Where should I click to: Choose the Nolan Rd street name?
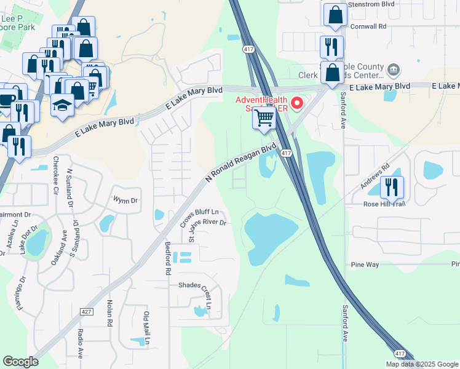pyautogui.click(x=110, y=313)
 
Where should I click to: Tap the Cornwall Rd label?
pyautogui.click(x=368, y=26)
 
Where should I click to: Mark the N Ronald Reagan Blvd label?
pyautogui.click(x=240, y=163)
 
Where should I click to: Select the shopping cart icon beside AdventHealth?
pyautogui.click(x=264, y=117)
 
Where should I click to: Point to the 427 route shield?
pyautogui.click(x=87, y=312)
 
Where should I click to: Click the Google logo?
pyautogui.click(x=21, y=362)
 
